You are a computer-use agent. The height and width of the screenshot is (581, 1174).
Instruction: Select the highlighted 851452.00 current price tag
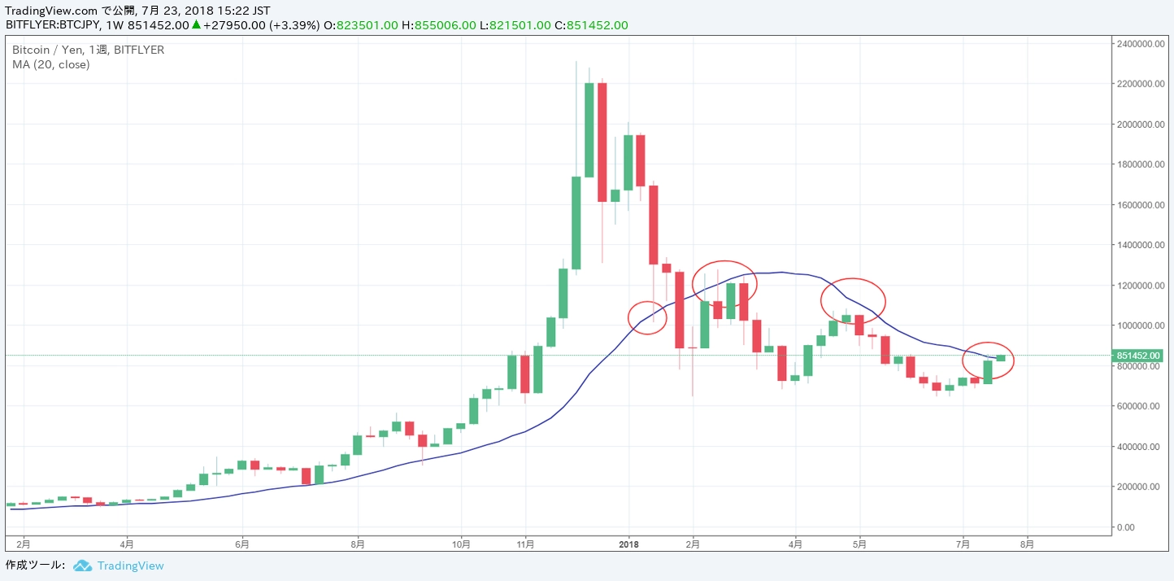(1138, 356)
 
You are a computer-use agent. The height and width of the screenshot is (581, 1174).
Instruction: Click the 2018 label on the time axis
(629, 543)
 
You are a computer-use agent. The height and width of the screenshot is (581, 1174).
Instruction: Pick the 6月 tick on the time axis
(241, 543)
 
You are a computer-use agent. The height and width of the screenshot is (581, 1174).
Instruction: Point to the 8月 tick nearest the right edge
(1027, 543)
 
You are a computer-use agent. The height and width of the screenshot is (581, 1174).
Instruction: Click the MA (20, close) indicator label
(51, 64)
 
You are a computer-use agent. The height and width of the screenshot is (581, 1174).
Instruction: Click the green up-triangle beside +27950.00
(196, 25)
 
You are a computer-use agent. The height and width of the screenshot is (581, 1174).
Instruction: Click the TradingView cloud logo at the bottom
(81, 566)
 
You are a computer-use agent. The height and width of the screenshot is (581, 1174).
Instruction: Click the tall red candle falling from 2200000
(602, 142)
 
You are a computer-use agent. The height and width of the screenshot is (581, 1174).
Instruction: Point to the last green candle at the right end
(1001, 358)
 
